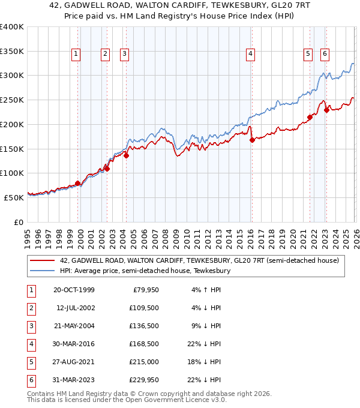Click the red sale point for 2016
252,140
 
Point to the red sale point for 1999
78,183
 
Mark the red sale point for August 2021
310,117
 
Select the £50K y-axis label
14,197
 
